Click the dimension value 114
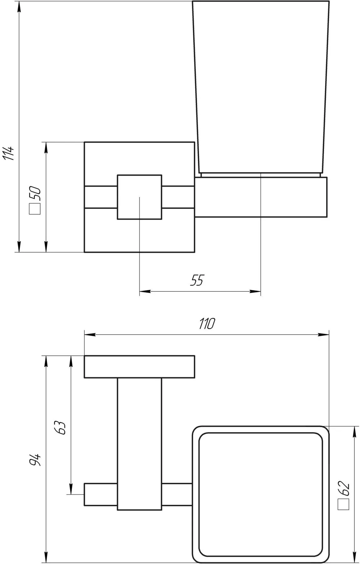click(9, 153)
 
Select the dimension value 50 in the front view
click(35, 194)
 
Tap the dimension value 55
click(197, 280)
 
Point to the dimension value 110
click(207, 324)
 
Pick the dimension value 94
click(35, 460)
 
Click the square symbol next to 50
click(35, 209)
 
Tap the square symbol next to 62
click(344, 504)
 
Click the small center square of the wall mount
click(139, 197)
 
